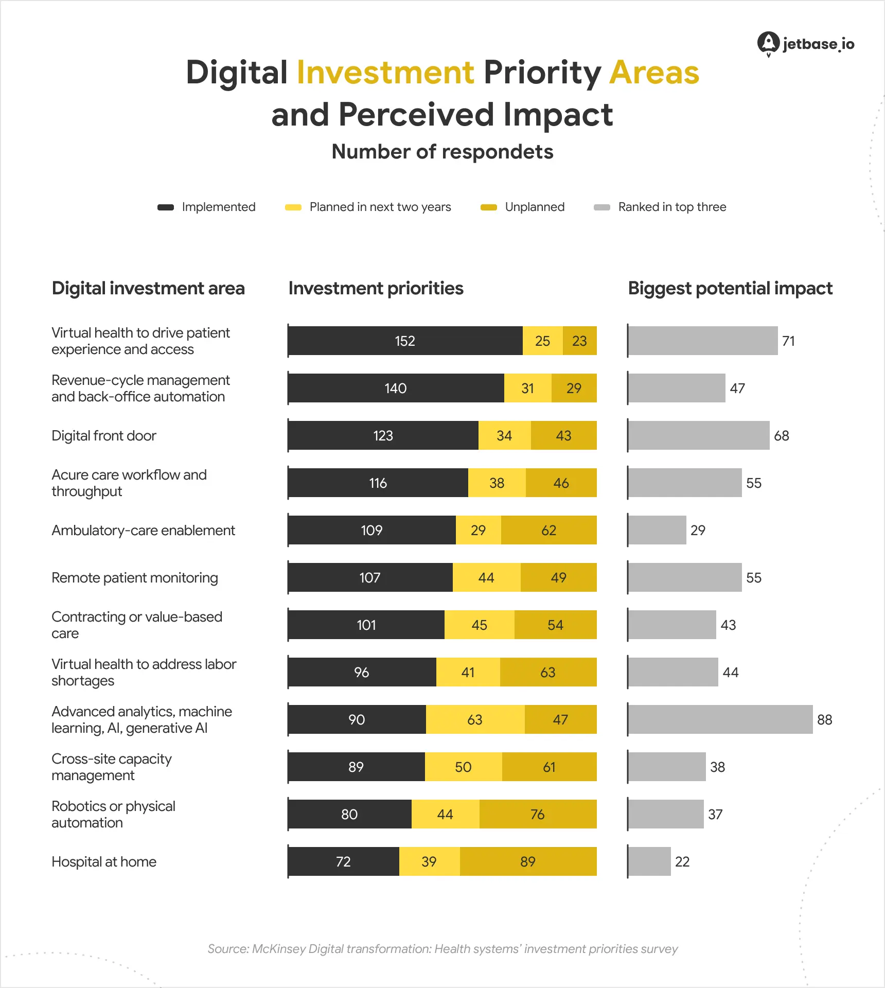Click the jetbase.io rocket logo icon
click(768, 43)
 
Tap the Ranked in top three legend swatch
click(601, 207)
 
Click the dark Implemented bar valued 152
click(405, 341)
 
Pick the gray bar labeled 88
click(720, 719)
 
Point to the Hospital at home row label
click(104, 861)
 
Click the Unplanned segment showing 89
click(528, 861)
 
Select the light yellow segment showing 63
click(475, 719)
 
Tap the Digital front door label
click(104, 436)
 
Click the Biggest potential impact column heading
click(730, 288)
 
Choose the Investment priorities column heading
click(376, 288)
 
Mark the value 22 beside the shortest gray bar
click(682, 861)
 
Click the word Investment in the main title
click(385, 72)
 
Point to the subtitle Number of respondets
click(442, 152)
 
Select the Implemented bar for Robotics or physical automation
click(349, 814)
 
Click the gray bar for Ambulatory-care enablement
click(657, 530)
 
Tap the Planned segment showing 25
click(542, 341)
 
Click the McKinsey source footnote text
click(442, 949)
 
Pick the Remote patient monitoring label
click(135, 578)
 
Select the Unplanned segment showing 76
click(538, 814)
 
